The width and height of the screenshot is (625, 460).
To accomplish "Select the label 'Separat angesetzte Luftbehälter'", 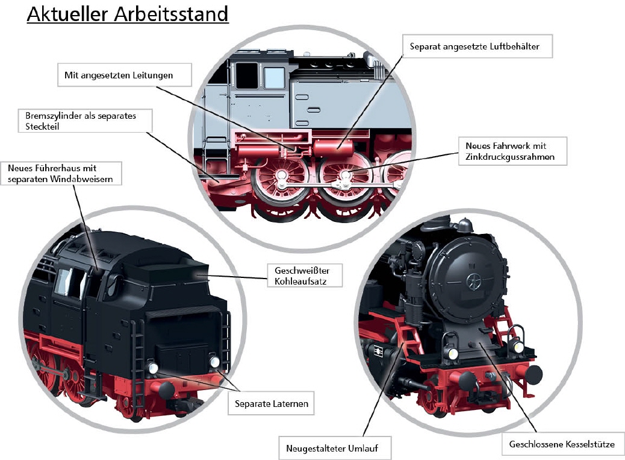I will tap(477, 46).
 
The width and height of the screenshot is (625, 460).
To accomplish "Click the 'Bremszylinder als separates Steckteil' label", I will tap(84, 120).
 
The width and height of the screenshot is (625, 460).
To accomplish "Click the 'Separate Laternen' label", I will tap(272, 403).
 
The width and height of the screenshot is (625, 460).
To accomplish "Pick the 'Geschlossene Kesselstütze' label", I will tap(562, 444).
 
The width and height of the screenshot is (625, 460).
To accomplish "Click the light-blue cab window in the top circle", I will tap(274, 78).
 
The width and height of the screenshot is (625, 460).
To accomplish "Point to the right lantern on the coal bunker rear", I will tap(215, 362).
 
